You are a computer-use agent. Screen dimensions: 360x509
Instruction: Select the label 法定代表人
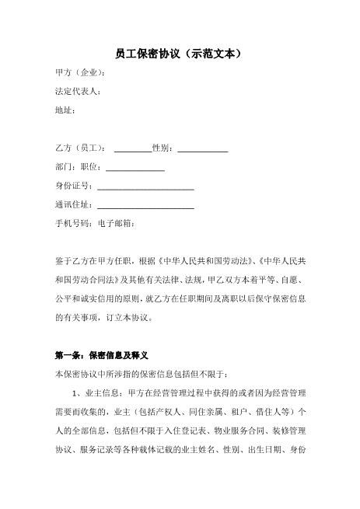coord(76,91)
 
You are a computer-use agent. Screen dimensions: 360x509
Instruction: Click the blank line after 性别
coord(203,149)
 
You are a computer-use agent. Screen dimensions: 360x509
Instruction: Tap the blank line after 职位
coord(135,168)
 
